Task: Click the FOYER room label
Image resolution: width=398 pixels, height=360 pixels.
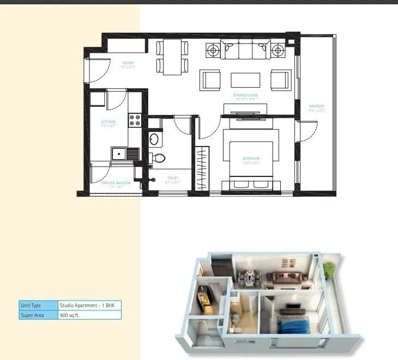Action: pos(128,64)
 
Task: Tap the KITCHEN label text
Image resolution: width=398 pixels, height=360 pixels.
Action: pos(108,122)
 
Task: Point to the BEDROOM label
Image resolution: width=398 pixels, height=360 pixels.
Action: pos(251,158)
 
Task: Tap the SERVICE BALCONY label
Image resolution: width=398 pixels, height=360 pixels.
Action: pos(116,183)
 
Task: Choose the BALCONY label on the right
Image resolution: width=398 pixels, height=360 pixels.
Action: pos(317,106)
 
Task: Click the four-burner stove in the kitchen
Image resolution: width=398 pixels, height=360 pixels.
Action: pos(135,120)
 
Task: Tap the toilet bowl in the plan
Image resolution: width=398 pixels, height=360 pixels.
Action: pos(159,158)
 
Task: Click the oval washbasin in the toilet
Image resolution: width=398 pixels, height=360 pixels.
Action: pos(154,138)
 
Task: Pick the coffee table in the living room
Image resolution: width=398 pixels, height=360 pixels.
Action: pos(246,80)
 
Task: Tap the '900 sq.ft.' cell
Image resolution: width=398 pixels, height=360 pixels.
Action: pos(89,315)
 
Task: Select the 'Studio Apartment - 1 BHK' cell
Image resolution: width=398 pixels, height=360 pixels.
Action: pos(89,306)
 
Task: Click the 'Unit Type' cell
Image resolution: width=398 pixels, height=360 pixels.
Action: pos(38,306)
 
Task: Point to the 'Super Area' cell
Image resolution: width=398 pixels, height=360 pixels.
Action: pos(38,315)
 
